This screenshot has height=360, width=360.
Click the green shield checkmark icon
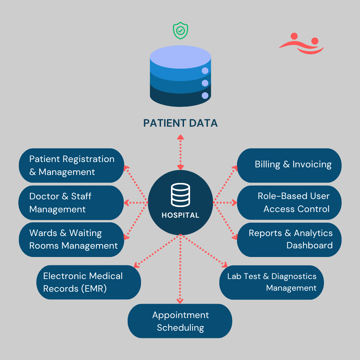tap(180, 31)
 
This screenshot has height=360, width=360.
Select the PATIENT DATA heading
tap(180, 123)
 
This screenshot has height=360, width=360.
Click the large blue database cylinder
tap(180, 76)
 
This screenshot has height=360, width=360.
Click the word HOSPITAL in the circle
tap(180, 215)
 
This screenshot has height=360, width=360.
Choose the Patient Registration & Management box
tap(72, 165)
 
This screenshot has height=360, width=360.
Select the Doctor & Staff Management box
tap(72, 203)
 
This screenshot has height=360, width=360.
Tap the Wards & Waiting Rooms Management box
tap(72, 239)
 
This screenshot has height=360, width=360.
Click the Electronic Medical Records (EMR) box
tap(89, 282)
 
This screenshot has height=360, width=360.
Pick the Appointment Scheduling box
tap(180, 321)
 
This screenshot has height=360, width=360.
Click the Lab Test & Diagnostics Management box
tap(272, 282)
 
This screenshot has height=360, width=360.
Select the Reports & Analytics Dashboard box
tap(289, 239)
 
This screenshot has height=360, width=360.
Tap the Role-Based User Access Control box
tap(289, 202)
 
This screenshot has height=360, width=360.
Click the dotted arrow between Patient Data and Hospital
tap(180, 152)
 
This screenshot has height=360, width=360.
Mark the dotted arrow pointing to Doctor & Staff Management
tap(136, 202)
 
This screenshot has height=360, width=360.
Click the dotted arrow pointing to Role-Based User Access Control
tap(225, 202)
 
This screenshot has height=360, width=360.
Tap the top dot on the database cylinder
tap(205, 71)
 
